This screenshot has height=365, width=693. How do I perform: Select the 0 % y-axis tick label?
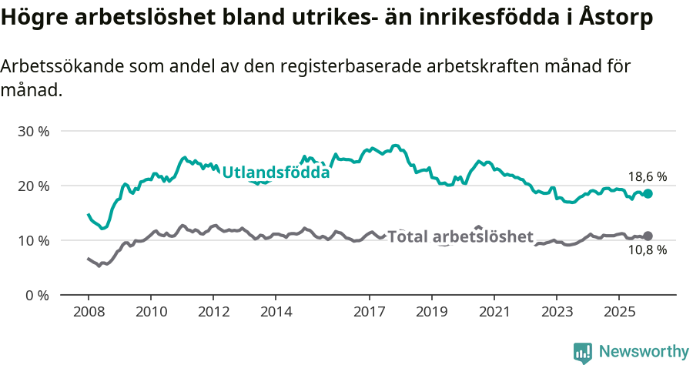coord(37,295)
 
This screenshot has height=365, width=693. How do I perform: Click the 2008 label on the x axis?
coord(88,313)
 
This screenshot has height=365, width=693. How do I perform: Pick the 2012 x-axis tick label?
coord(213,313)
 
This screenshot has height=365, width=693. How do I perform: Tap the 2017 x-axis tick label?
coord(370,313)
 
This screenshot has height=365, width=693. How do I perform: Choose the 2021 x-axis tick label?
coord(494,313)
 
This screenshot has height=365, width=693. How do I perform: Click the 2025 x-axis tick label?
coord(619,313)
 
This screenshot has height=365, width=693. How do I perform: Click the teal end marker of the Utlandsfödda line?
coord(648,194)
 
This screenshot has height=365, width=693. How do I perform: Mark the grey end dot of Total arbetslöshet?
coord(648,236)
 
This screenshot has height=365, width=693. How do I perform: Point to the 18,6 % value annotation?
coord(648,176)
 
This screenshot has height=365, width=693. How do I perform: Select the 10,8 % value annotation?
coord(648,251)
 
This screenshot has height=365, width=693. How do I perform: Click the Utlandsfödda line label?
coord(276,172)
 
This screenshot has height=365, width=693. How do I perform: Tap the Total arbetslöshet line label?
coord(460,236)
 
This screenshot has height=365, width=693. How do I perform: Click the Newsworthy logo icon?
coord(582,352)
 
